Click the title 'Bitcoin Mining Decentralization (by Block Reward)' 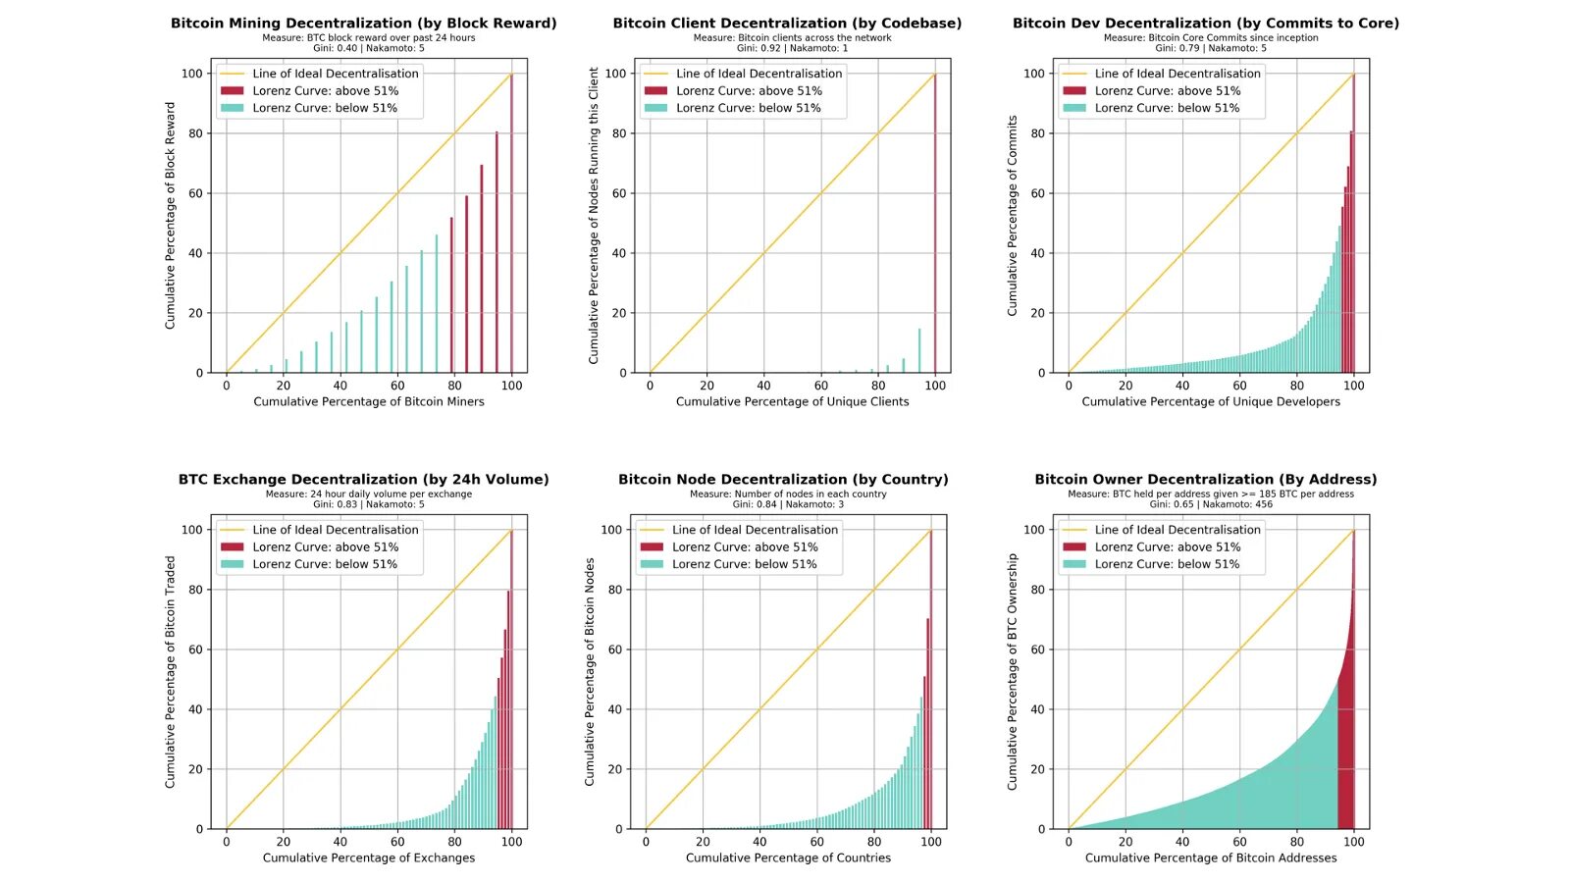click(x=363, y=23)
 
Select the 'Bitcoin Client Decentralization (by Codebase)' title click(x=787, y=23)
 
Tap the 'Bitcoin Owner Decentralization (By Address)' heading click(x=1205, y=479)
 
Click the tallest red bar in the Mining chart click(x=511, y=226)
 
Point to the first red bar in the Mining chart click(x=451, y=294)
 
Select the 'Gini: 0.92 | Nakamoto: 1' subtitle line click(x=792, y=48)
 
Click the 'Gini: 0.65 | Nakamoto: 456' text click(x=1210, y=504)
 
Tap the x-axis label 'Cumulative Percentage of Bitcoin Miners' click(x=369, y=401)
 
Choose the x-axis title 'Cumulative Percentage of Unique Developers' click(x=1210, y=401)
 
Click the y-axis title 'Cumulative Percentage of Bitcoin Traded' click(x=170, y=672)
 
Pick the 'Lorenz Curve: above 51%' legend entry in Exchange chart click(x=325, y=546)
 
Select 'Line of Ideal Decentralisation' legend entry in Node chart click(x=755, y=530)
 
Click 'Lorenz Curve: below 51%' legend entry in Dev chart click(x=1167, y=108)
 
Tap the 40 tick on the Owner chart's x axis click(x=1182, y=842)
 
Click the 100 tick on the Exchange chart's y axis click(x=192, y=530)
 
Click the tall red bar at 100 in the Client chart click(x=935, y=226)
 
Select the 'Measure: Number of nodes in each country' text click(x=787, y=493)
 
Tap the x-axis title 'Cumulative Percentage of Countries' click(x=788, y=857)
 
